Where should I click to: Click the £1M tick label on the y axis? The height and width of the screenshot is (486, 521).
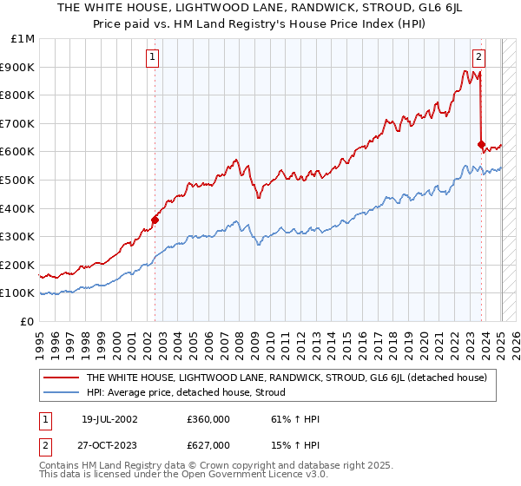tap(23, 39)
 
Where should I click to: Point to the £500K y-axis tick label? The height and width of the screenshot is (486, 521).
tap(18, 181)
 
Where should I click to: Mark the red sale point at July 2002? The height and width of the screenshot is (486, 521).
tap(155, 220)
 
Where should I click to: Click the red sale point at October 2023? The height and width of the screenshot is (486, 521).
tap(481, 144)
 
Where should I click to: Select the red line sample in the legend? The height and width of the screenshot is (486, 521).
tap(60, 378)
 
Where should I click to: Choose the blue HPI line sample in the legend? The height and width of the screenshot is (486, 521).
tap(60, 393)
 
